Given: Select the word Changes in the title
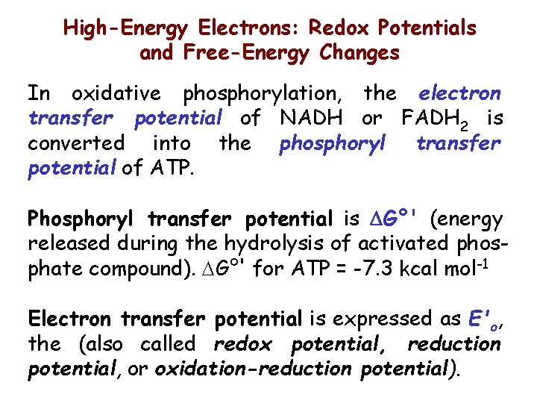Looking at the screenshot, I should pos(359,54).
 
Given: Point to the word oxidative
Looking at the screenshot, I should pos(116,93).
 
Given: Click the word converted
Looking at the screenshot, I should pos(76,142).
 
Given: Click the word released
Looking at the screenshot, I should pos(63,244).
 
